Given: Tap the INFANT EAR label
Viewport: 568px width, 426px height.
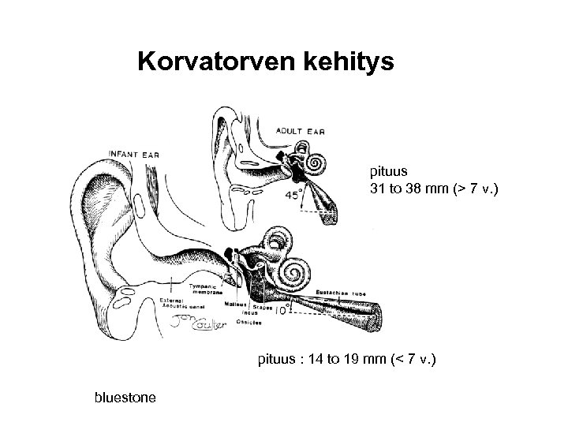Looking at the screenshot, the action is tap(133, 154).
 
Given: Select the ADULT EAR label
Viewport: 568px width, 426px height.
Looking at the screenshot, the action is tap(300, 130).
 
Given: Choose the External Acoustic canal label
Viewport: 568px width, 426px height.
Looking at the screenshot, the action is tap(184, 305).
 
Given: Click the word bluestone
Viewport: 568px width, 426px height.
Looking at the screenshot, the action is tap(125, 397).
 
